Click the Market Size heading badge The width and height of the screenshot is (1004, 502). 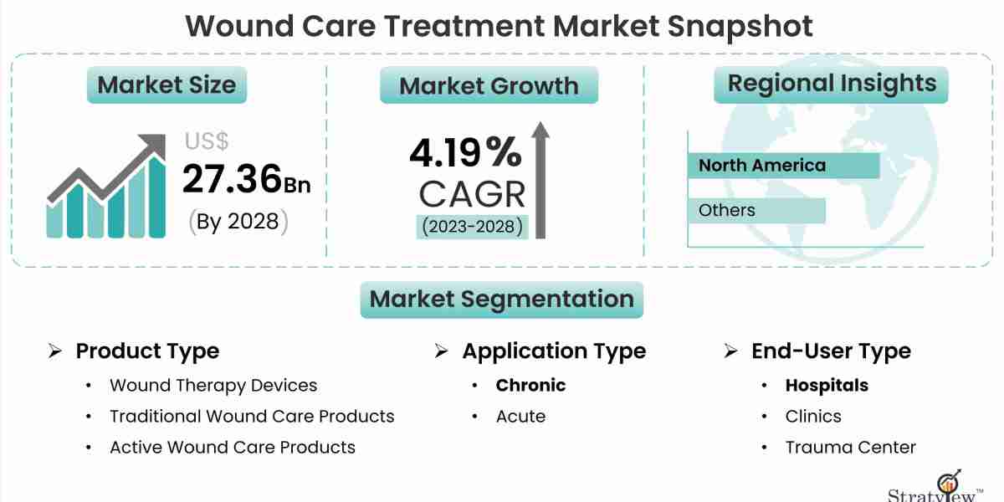tap(166, 85)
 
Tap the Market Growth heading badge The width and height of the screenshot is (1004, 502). tap(489, 85)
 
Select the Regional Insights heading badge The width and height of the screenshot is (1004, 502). tap(831, 84)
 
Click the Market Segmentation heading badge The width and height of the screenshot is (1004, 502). tap(501, 300)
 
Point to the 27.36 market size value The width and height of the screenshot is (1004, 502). tap(232, 179)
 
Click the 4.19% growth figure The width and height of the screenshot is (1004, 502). tap(465, 153)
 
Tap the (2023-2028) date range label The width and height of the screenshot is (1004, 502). tap(473, 226)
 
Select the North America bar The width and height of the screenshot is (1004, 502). tap(783, 166)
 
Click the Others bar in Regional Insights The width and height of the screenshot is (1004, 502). tap(756, 211)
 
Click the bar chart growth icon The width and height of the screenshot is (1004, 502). tap(105, 188)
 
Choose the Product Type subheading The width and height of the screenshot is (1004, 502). tap(147, 351)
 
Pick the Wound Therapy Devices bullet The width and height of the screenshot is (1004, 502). tap(213, 386)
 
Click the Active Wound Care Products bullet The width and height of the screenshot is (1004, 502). tap(233, 448)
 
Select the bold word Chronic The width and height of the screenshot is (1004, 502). tap(530, 386)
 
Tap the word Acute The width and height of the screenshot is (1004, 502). tap(520, 417)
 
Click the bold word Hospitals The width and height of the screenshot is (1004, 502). tap(827, 386)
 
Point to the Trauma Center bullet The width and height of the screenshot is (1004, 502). tap(850, 448)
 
